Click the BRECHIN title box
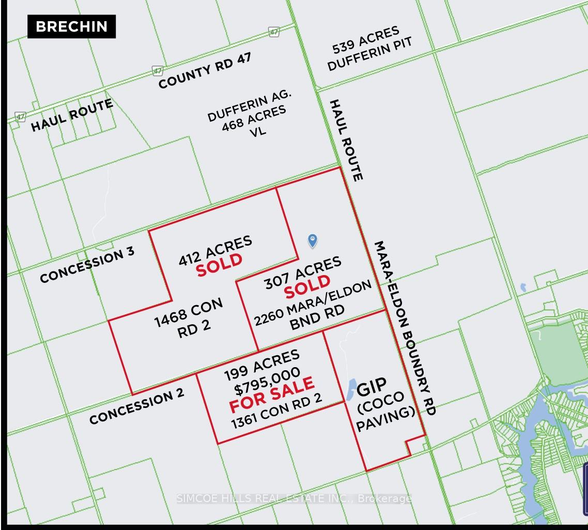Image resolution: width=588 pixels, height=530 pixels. coord(71,26)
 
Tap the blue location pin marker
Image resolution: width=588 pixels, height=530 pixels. coord(312,240)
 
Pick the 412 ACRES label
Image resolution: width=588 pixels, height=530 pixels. coord(215,250)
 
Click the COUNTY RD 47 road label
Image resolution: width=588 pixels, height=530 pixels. coord(205,70)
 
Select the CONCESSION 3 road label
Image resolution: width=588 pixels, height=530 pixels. coord(87,264)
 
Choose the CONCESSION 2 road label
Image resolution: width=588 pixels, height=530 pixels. coord(136,406)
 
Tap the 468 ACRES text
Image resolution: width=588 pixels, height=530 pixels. coord(253,118)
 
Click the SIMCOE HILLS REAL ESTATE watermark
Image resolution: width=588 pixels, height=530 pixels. coord(293,498)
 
